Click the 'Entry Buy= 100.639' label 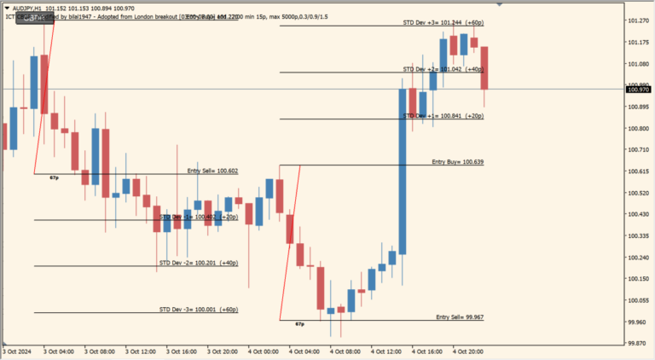coord(457,161)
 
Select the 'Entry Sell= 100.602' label coord(212,171)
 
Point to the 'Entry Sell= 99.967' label coord(460,316)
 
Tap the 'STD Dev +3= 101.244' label coord(443,22)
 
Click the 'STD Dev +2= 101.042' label coord(443,68)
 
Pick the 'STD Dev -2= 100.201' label coord(198,263)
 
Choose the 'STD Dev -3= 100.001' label coord(198,309)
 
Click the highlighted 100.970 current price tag coord(638,89)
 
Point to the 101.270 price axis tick coord(638,20)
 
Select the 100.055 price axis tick coord(638,299)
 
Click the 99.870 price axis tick coord(638,343)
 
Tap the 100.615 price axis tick coord(638,171)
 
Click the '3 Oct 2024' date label coord(17,351)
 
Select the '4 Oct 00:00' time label coord(264,351)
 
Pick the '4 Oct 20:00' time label coord(469,351)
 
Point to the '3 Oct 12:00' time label coord(141,351)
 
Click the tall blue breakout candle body coord(402,171)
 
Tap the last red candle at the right coord(484,68)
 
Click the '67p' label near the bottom coord(299,324)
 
